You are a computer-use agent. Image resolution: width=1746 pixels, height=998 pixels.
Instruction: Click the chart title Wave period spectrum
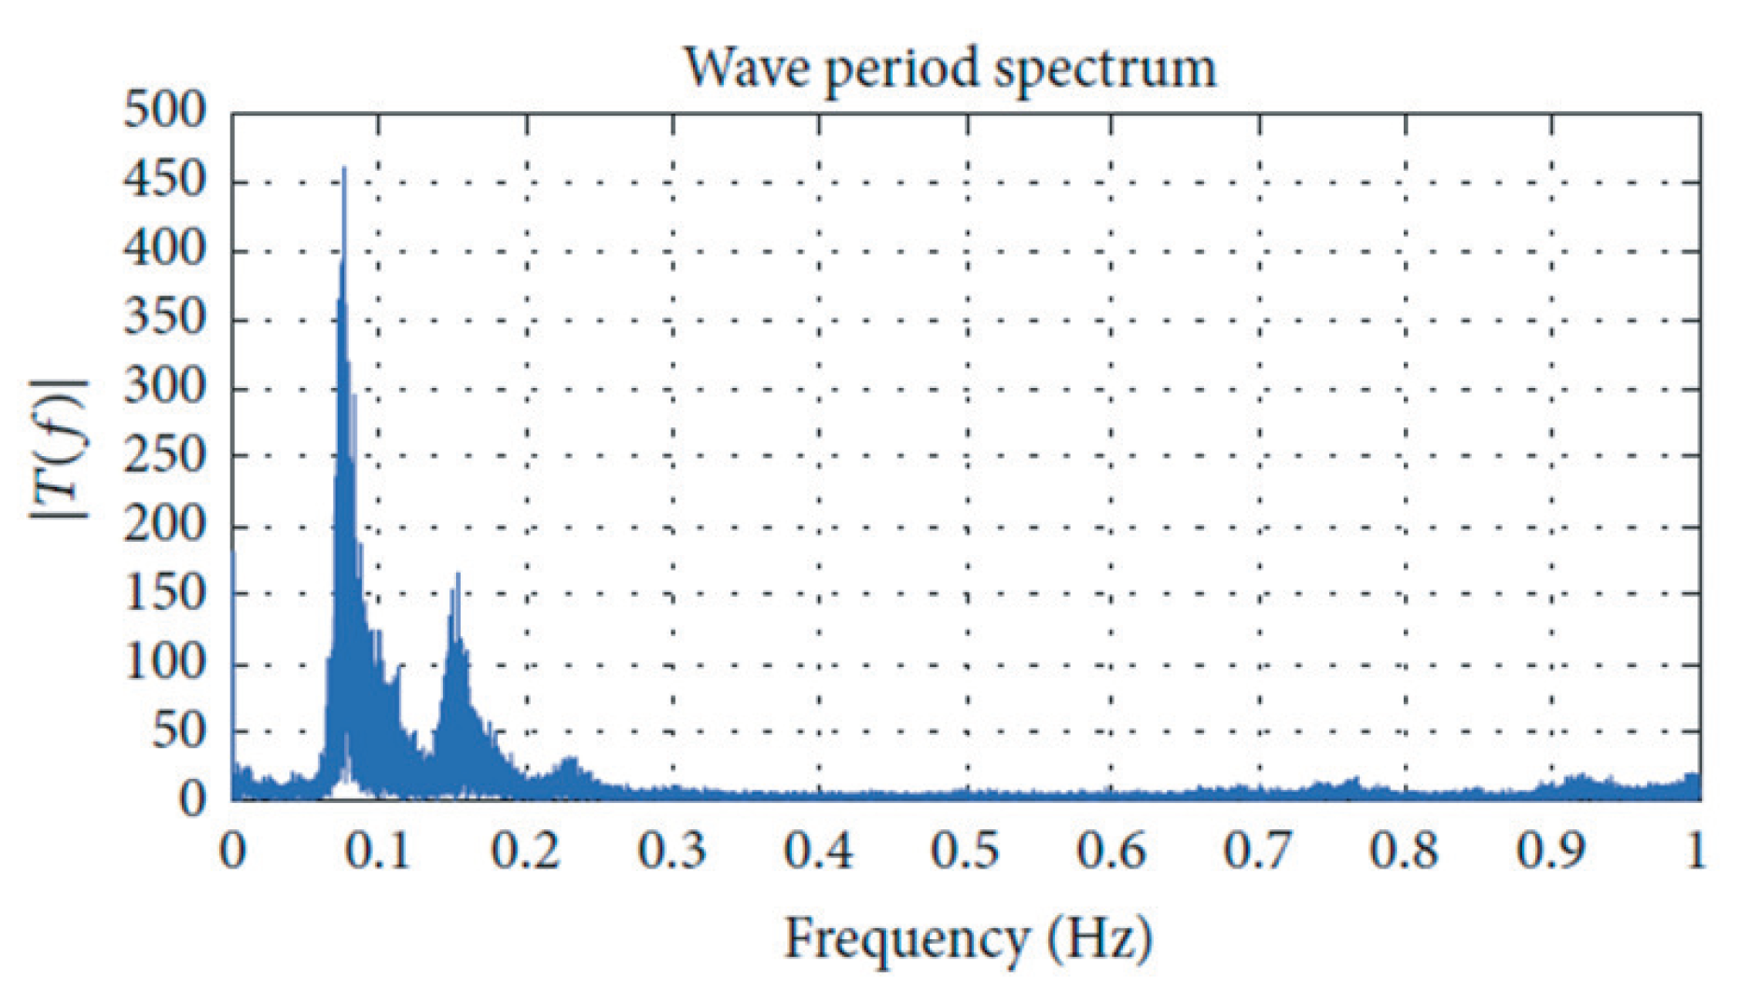[x=949, y=69]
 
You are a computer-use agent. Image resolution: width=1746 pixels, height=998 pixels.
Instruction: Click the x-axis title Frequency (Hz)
[x=968, y=938]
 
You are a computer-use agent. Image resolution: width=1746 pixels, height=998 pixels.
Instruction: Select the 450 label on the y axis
[x=164, y=180]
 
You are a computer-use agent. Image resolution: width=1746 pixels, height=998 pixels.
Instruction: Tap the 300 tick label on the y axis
[x=164, y=386]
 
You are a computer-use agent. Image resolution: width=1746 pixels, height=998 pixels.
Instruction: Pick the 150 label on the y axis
[x=164, y=593]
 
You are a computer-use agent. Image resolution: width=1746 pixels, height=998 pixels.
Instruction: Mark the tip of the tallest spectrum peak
[x=344, y=169]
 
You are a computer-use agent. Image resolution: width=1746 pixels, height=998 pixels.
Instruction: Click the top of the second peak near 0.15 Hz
[x=458, y=575]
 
